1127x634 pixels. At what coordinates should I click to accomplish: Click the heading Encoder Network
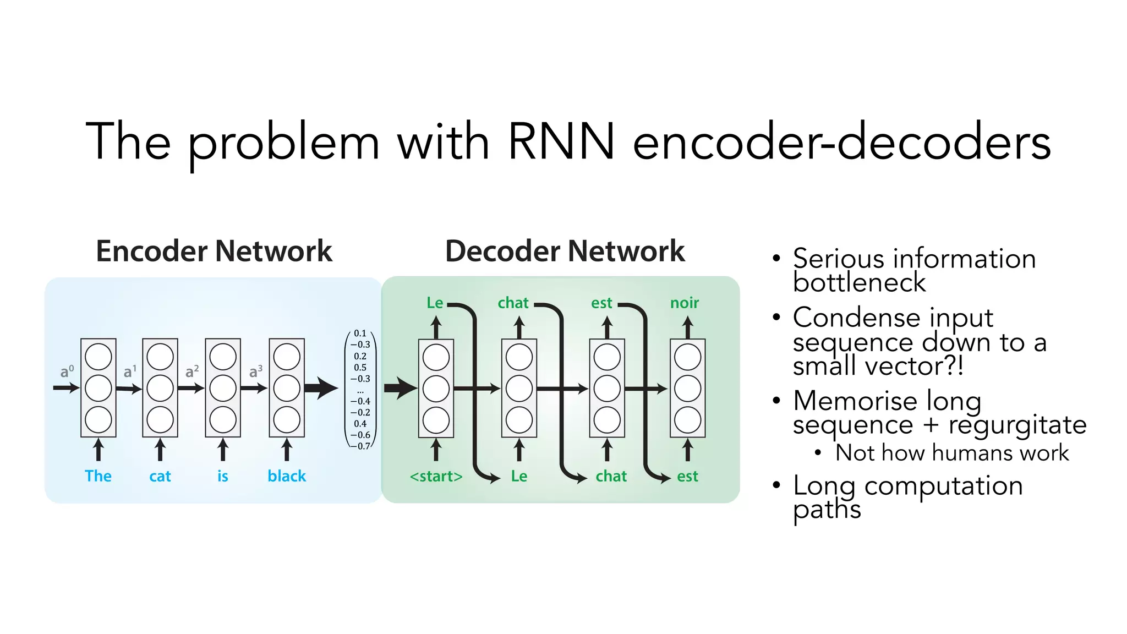click(x=214, y=252)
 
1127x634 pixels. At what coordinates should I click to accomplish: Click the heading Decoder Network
click(x=565, y=252)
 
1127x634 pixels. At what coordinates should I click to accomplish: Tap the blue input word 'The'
click(x=98, y=476)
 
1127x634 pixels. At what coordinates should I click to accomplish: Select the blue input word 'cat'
click(x=160, y=476)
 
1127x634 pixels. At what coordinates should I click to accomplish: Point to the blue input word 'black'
click(x=287, y=476)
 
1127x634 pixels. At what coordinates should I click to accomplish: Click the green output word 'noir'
click(x=684, y=303)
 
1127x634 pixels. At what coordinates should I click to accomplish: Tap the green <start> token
click(x=436, y=476)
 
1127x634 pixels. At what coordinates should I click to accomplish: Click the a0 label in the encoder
click(x=67, y=372)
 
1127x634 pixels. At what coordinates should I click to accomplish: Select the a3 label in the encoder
click(x=255, y=372)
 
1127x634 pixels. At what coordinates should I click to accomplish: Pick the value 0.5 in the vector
click(x=360, y=368)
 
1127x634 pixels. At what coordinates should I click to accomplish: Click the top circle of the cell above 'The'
click(x=99, y=357)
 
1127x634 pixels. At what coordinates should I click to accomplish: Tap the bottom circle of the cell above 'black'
click(x=287, y=420)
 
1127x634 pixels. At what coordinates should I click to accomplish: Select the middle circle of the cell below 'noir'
click(x=687, y=389)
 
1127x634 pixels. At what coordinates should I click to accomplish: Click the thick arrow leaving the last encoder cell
click(x=321, y=388)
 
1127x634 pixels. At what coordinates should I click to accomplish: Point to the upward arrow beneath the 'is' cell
click(x=223, y=450)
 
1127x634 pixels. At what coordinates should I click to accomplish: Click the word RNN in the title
click(x=560, y=142)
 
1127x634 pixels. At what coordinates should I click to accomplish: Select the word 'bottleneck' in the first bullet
click(x=859, y=283)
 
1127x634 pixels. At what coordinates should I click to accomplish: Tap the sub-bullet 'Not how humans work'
click(x=951, y=453)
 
